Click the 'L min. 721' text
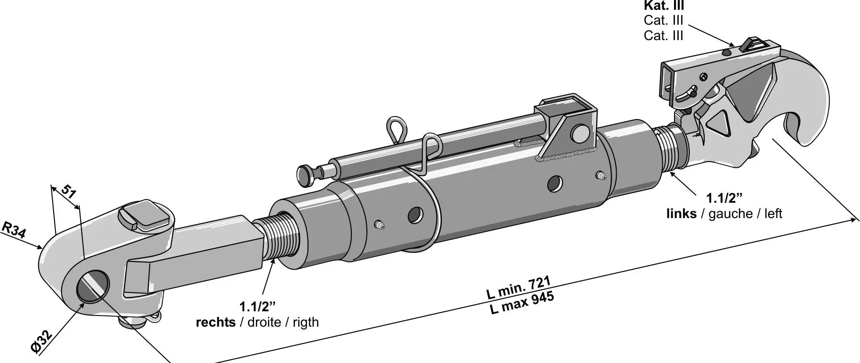[518, 288]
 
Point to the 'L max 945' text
[522, 303]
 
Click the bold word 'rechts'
[215, 322]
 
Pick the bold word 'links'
[681, 213]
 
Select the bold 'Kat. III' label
[664, 6]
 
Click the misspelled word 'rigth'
[305, 322]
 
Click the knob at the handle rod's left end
[306, 174]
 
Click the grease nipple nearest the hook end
[600, 176]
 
